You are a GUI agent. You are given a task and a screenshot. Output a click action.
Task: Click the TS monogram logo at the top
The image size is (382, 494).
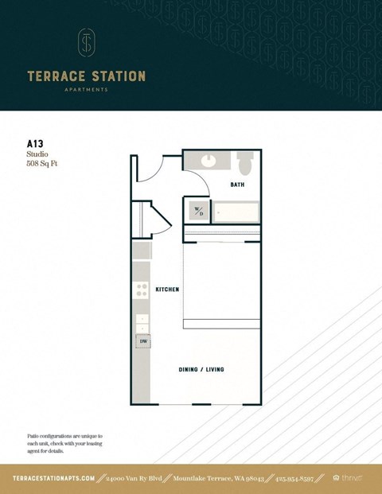tap(86, 43)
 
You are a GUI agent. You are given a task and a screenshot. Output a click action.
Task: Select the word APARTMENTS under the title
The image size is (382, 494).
tap(86, 90)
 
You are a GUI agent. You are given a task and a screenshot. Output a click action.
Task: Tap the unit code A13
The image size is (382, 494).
tap(35, 144)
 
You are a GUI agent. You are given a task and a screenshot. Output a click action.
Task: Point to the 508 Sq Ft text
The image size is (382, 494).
tap(43, 164)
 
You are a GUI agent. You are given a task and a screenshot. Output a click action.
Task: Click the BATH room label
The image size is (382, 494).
tap(237, 185)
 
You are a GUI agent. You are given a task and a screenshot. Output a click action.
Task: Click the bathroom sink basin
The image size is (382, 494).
tap(209, 161)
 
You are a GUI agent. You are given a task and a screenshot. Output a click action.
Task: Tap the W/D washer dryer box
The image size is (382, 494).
tap(198, 212)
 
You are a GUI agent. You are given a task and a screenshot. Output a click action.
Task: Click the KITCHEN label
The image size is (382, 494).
tap(166, 290)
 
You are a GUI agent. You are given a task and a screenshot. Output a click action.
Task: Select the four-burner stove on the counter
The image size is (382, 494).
tap(141, 291)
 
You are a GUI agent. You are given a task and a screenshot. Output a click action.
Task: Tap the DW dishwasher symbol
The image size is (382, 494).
tap(143, 341)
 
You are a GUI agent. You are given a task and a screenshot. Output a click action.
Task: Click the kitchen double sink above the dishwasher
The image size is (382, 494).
tap(142, 323)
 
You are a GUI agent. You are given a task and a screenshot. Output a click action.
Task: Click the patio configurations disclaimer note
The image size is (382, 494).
tap(65, 444)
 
